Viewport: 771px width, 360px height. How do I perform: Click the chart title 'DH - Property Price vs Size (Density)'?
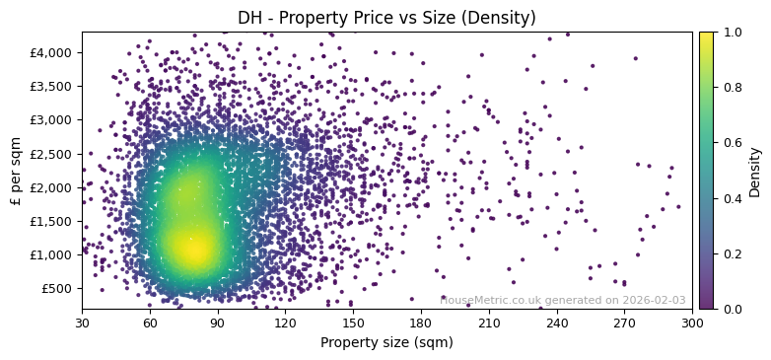click(386, 18)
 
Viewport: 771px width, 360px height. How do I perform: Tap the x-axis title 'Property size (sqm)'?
click(386, 342)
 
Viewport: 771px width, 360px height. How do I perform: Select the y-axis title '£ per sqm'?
click(15, 171)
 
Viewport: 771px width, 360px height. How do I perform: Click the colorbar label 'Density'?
click(755, 171)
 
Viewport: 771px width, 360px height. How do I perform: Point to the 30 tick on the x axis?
click(82, 322)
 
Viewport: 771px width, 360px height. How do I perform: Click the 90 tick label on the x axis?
click(217, 322)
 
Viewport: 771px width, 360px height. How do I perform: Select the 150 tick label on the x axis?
click(353, 322)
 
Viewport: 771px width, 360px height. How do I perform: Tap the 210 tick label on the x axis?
click(489, 322)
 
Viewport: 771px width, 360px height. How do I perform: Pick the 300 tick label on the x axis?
click(692, 322)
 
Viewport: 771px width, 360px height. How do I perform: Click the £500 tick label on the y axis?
click(57, 288)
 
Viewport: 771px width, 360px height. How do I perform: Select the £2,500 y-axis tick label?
click(52, 153)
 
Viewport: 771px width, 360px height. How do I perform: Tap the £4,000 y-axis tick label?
click(52, 52)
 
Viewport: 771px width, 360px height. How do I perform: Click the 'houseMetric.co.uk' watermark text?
click(492, 299)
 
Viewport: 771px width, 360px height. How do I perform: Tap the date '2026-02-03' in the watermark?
click(653, 299)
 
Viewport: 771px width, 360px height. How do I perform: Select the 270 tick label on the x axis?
click(625, 322)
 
